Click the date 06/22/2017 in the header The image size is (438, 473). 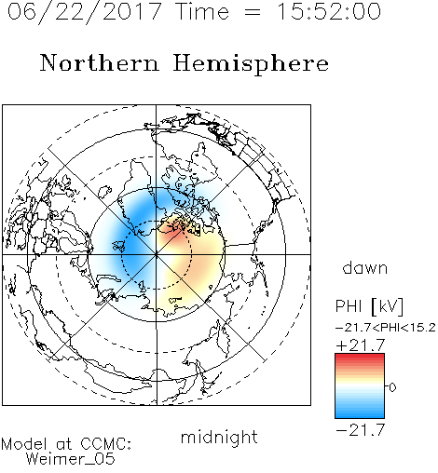coord(85,12)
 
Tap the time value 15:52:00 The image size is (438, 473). coord(329,11)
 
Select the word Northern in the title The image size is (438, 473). coord(100,62)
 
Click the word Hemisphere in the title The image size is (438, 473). coord(251,64)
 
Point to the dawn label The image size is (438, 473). coord(365,267)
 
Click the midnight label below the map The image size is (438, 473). coord(219,437)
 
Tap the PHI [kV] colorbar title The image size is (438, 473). coord(369,306)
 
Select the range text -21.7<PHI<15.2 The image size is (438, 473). coord(386,328)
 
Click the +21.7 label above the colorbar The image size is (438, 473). coord(361,345)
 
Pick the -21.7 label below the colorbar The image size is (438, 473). coord(361,430)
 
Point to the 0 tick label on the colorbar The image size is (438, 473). coord(392,387)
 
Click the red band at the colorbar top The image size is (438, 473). coord(360,358)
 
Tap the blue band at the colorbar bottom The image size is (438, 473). coord(360,413)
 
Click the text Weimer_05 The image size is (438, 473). coord(71,458)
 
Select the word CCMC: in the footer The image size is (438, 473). coord(106,444)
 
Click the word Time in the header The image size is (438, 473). coord(202,12)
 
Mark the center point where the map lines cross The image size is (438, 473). coord(157,254)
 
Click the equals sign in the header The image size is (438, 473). coord(253,12)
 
